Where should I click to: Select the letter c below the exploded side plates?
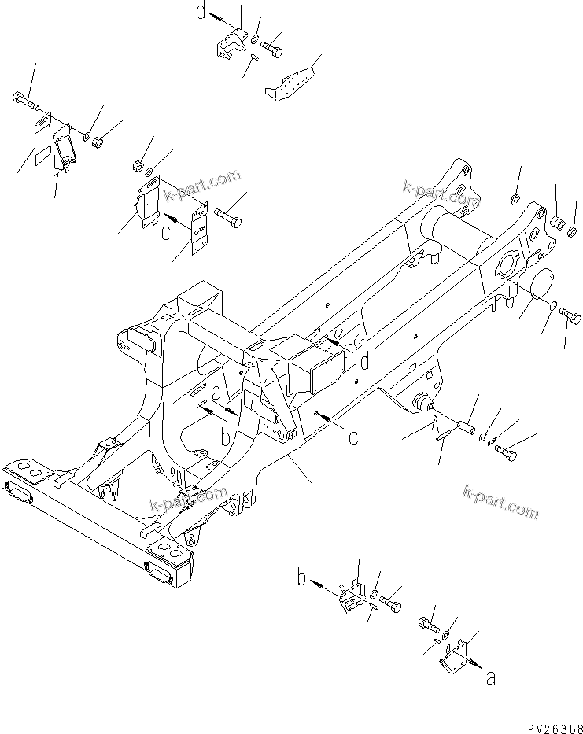(x=166, y=232)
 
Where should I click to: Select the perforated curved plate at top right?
(x=292, y=83)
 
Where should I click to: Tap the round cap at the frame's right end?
(x=537, y=285)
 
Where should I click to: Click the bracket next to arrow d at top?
(x=231, y=43)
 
